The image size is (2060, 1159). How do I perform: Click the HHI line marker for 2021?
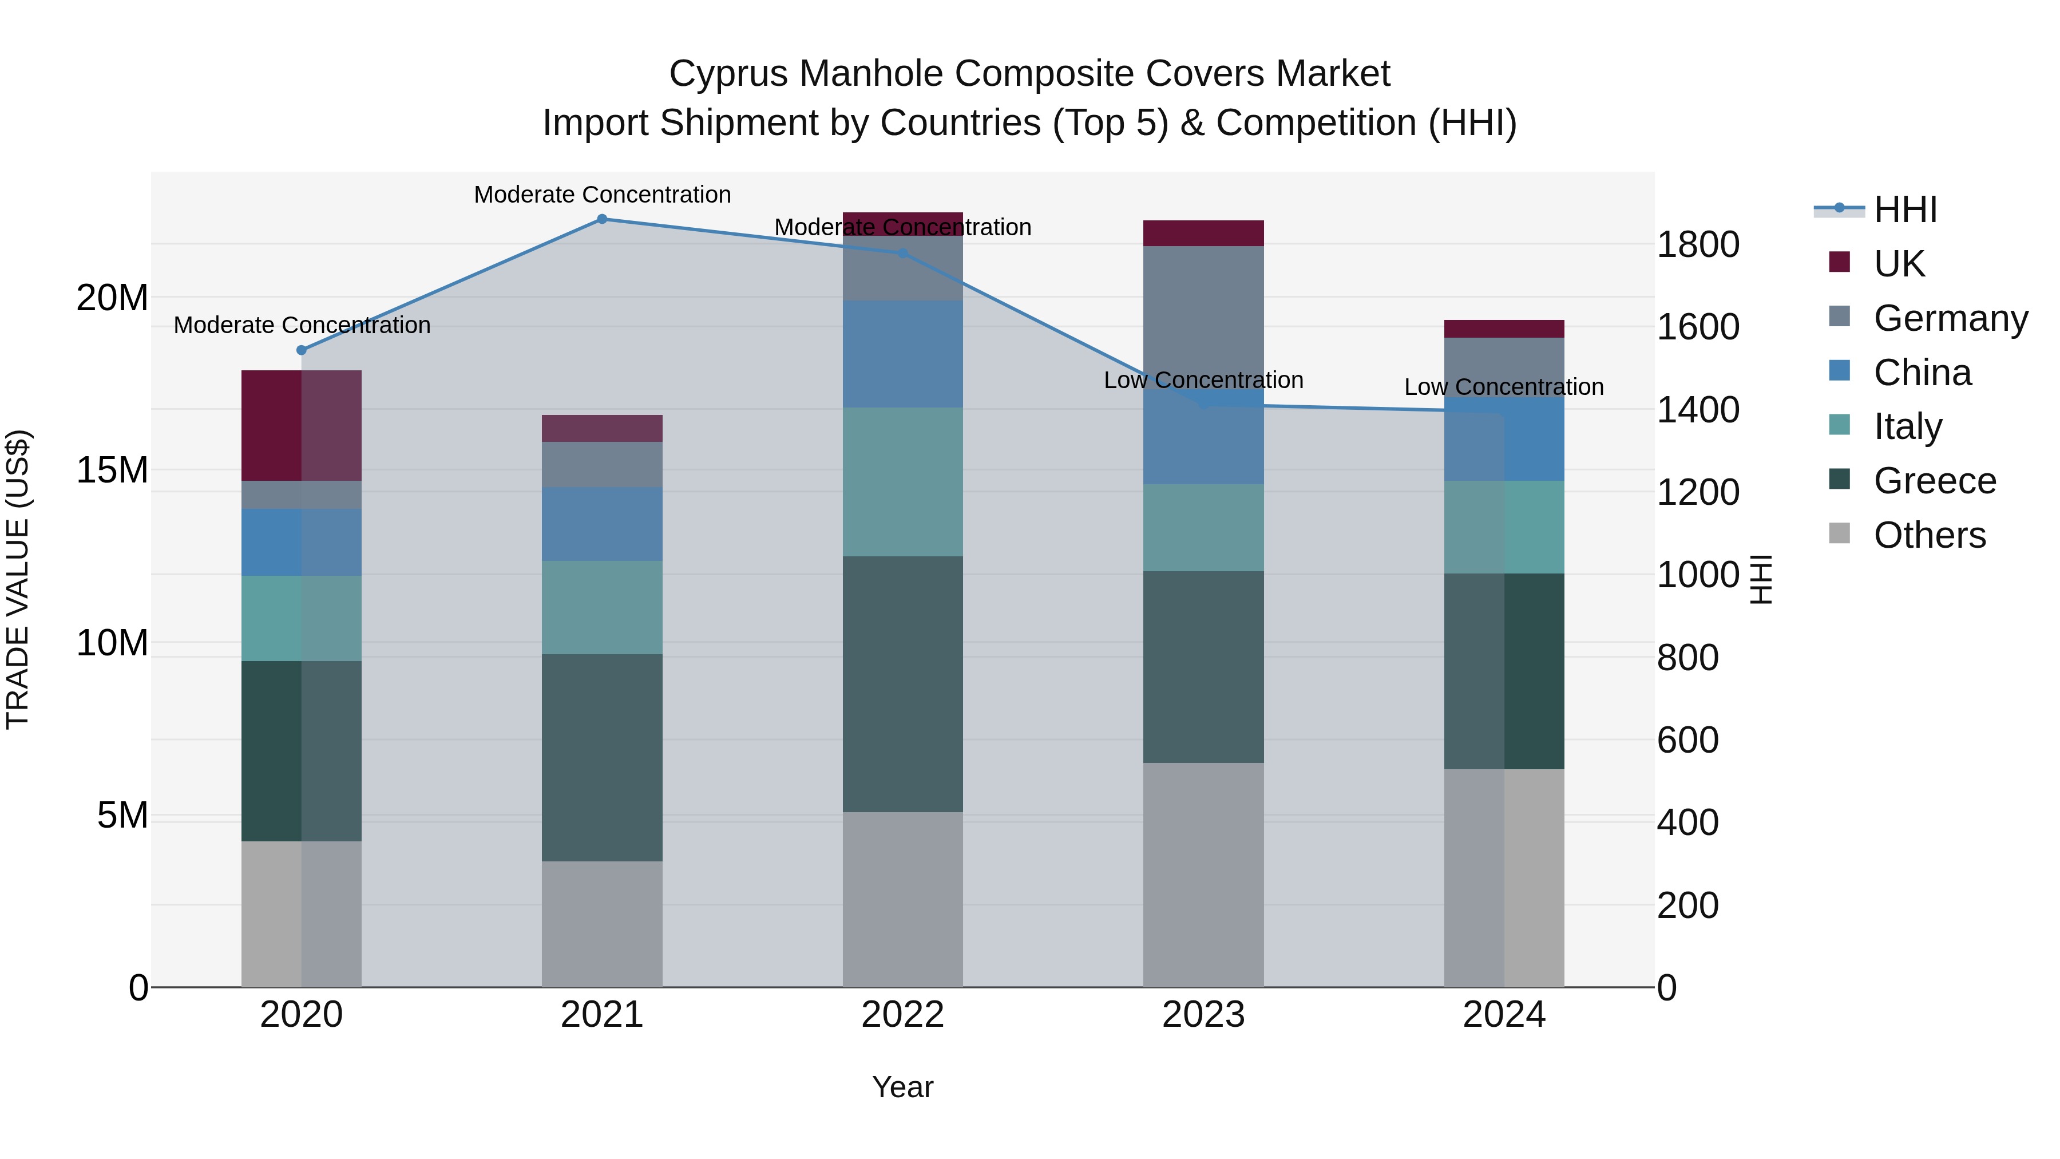coord(602,219)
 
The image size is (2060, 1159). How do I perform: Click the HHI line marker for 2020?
coord(302,350)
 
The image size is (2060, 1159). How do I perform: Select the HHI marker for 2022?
coord(903,254)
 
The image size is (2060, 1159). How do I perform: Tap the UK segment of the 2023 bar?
coord(1203,233)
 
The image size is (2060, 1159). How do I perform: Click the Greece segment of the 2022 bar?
coord(903,684)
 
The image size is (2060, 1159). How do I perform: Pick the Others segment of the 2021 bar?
coord(602,924)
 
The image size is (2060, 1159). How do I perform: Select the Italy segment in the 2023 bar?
coord(1203,527)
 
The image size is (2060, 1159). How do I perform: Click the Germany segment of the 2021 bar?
coord(602,464)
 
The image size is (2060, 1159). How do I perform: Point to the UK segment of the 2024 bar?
coord(1504,329)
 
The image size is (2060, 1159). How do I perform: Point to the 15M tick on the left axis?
coord(112,470)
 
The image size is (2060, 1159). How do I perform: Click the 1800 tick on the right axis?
coord(1698,245)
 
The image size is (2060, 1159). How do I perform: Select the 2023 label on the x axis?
coord(1203,1015)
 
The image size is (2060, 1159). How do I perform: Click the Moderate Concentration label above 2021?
coord(602,195)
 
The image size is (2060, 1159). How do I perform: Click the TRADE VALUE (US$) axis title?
coord(18,579)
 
